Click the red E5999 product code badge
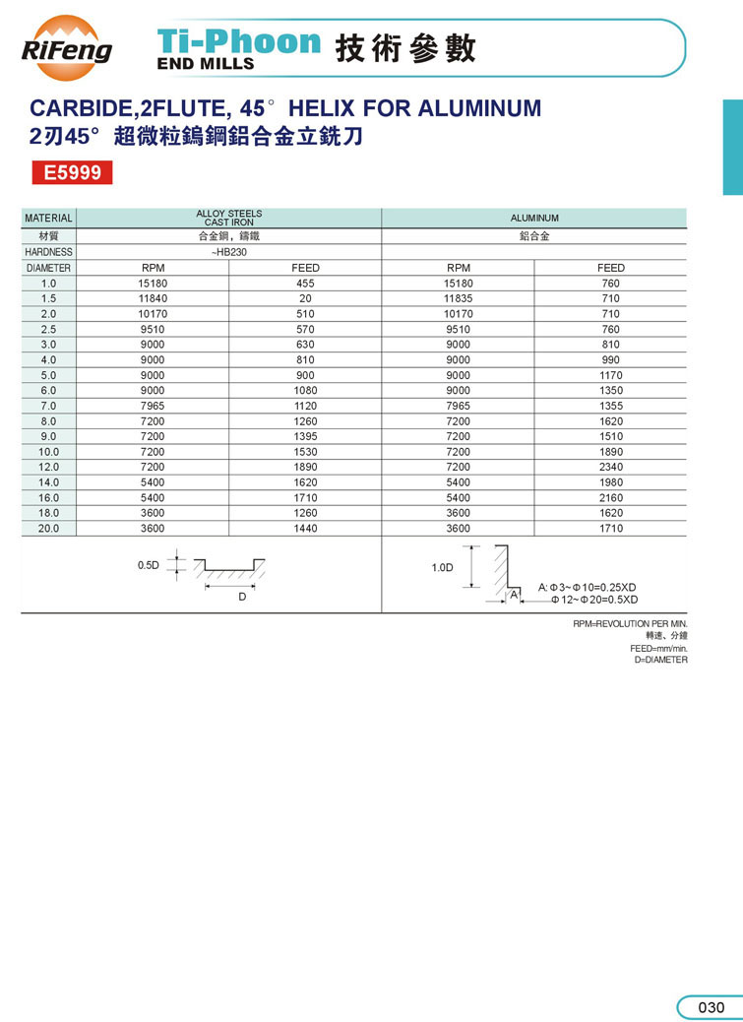tap(72, 173)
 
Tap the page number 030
tap(711, 1007)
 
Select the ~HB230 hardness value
tap(228, 252)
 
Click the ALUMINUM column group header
tap(534, 218)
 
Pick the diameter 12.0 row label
tap(48, 467)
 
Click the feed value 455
tap(305, 284)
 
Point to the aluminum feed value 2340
tap(610, 467)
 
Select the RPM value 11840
tap(153, 298)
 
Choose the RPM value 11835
tap(458, 298)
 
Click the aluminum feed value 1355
tap(610, 406)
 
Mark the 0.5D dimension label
tap(148, 565)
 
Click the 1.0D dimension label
tap(443, 568)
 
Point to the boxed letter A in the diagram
tap(514, 595)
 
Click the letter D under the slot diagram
tap(241, 597)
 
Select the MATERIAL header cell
tap(48, 218)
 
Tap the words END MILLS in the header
tap(206, 63)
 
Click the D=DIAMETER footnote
tap(661, 660)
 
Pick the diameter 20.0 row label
tap(48, 529)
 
